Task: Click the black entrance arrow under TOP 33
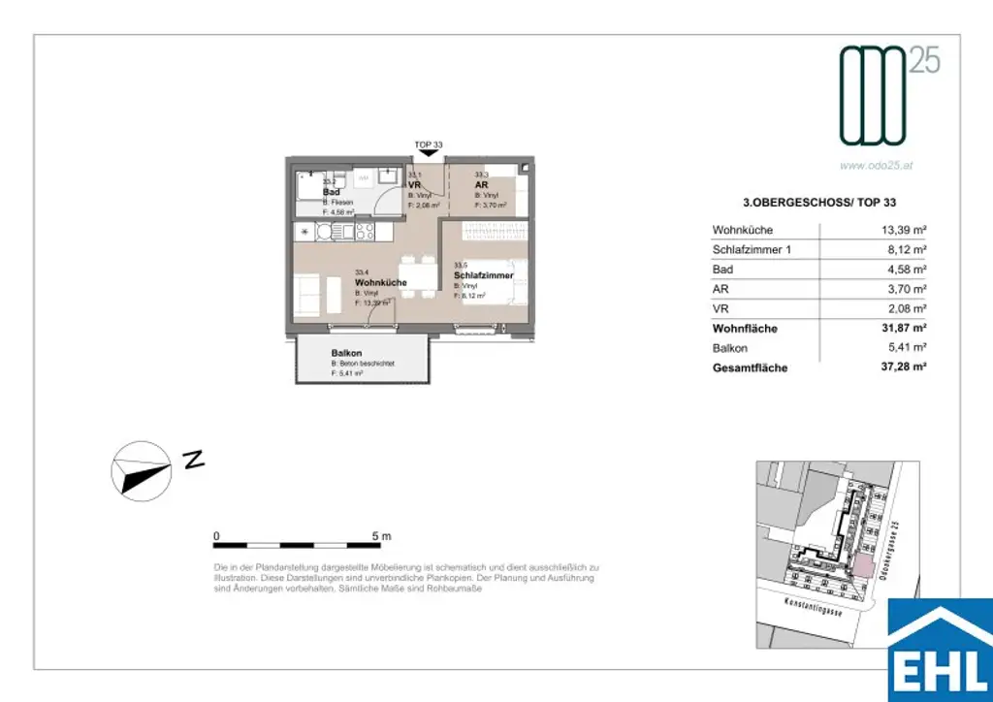point(428,151)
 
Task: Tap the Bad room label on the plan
point(330,192)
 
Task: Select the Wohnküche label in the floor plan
point(380,282)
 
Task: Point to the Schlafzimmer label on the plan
point(483,276)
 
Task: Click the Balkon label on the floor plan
point(346,353)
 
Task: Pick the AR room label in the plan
point(480,184)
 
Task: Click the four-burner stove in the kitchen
point(365,232)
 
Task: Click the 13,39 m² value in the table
point(899,230)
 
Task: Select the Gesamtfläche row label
point(750,368)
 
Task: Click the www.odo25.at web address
point(876,166)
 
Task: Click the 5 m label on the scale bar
point(380,536)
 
